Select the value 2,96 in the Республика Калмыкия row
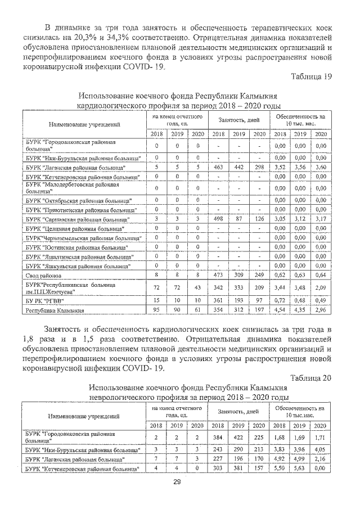pos(321,310)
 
